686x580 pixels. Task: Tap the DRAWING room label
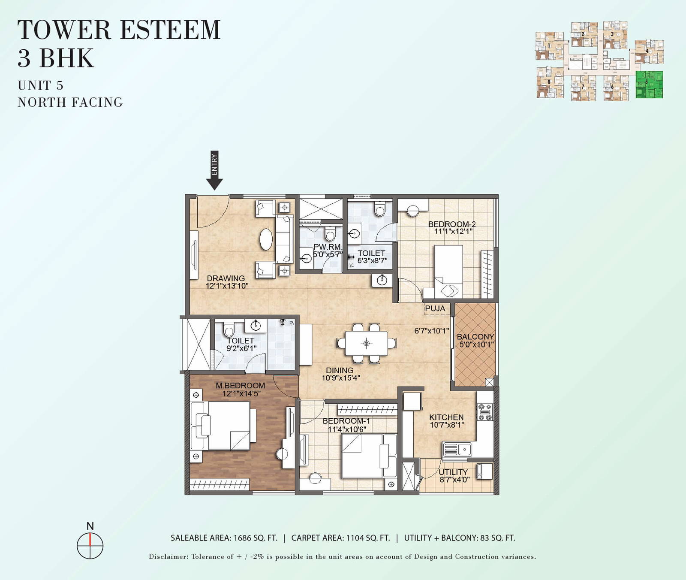[226, 278]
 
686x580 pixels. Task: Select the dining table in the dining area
[367, 343]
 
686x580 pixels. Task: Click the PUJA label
[435, 308]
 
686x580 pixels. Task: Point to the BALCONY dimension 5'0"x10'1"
[476, 344]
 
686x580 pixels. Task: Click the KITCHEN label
[446, 417]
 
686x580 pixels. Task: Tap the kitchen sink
[458, 450]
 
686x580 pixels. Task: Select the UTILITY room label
[453, 472]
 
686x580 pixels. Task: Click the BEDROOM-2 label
[452, 224]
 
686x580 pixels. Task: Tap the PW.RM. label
[328, 247]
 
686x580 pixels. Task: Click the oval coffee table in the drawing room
[266, 239]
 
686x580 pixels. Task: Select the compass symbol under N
[90, 546]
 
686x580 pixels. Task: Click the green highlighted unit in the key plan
[649, 85]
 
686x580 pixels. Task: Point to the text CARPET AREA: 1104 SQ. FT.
[340, 538]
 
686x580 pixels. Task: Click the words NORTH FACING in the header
[70, 103]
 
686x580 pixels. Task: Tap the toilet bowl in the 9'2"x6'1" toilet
[229, 331]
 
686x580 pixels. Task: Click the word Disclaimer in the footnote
[168, 557]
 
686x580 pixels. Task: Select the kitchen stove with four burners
[485, 412]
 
